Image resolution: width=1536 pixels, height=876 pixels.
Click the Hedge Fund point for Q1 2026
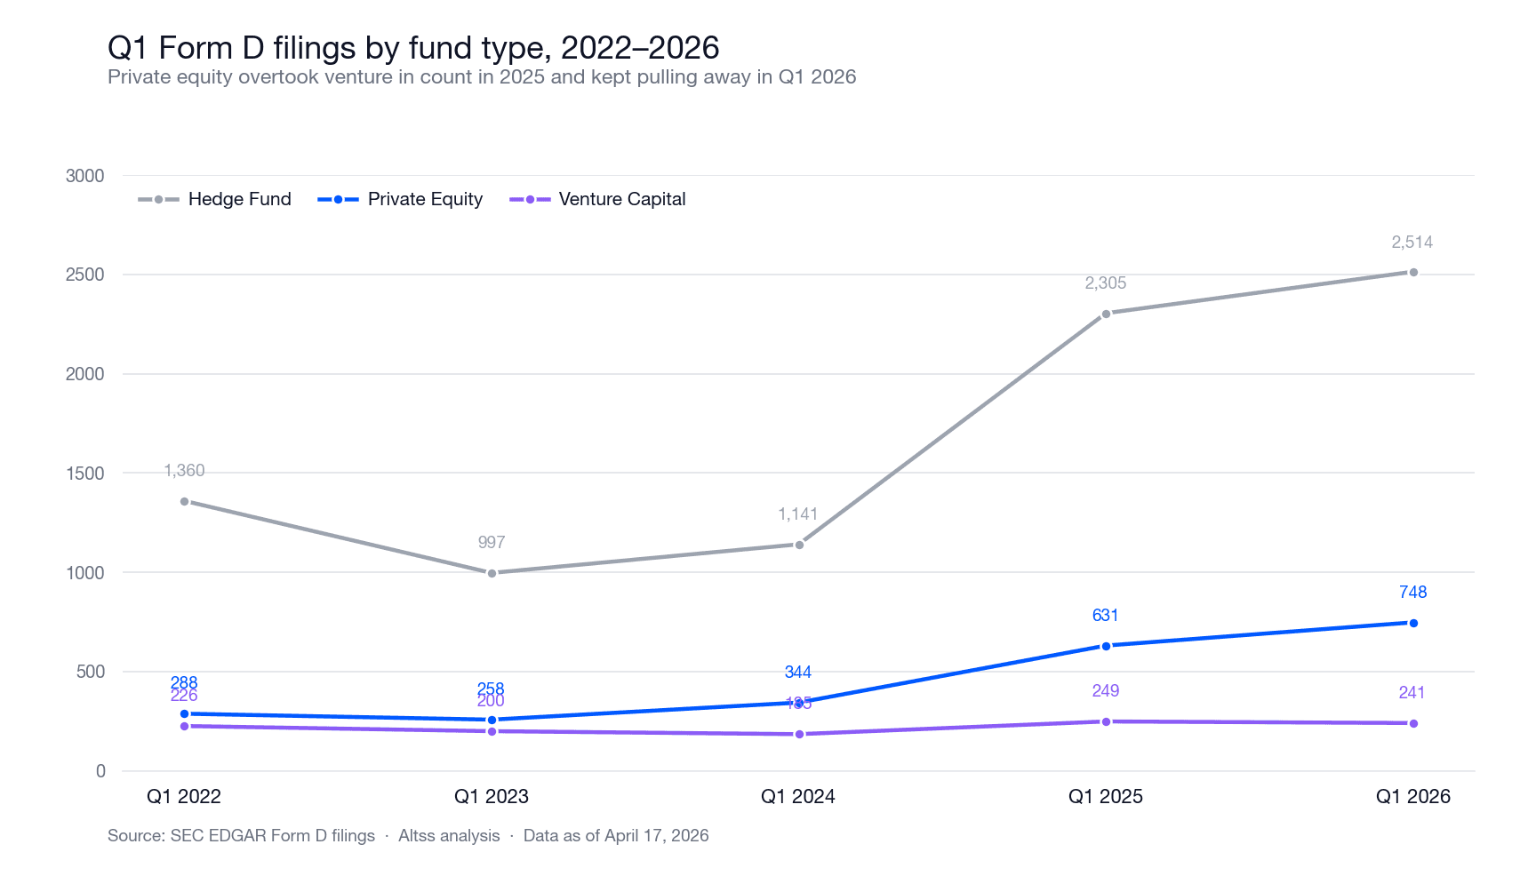1413,273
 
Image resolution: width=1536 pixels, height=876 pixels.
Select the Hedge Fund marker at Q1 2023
492,573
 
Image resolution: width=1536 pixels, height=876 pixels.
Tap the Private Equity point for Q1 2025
1106,646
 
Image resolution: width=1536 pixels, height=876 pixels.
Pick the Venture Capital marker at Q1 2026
1413,723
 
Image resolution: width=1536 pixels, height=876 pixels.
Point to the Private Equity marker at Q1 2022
184,713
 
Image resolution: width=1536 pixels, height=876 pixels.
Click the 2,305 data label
1105,283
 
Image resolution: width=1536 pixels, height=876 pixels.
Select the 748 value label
1412,592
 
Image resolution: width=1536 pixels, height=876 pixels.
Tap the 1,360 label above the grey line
184,470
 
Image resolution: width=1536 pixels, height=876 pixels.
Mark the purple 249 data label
1105,690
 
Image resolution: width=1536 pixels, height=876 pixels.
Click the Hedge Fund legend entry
215,199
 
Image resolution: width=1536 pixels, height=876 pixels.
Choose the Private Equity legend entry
401,199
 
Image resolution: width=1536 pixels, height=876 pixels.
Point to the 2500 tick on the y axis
85,275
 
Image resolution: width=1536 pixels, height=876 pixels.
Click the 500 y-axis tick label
91,672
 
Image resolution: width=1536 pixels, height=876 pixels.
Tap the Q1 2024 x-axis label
798,796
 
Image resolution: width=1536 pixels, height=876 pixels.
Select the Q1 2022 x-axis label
184,796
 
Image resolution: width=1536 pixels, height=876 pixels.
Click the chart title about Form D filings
413,47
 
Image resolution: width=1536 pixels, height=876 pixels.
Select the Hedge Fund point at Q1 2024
799,545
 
